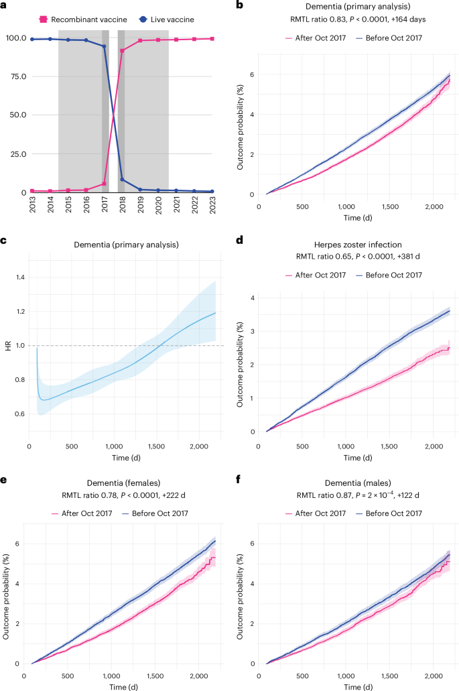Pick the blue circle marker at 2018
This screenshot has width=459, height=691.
122,180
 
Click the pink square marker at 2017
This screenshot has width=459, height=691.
105,184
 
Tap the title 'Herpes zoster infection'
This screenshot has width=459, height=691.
356,245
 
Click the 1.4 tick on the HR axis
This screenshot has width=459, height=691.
19,277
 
